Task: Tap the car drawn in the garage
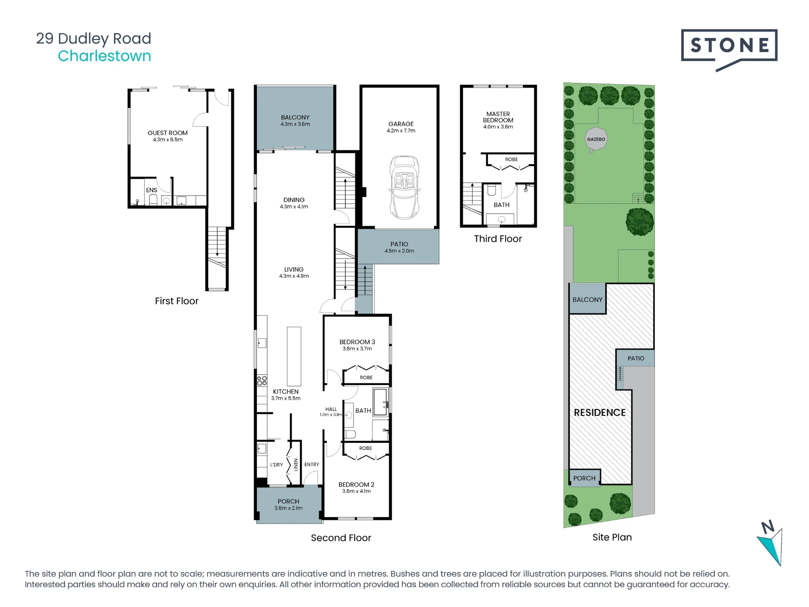[404, 187]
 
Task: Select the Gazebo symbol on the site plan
[596, 140]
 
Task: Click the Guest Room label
[167, 133]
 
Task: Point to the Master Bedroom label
[498, 117]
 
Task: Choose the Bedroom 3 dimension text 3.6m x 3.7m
[357, 349]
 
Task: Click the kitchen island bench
[294, 356]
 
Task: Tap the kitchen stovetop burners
[262, 381]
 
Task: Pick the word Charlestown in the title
[104, 56]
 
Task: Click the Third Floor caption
[498, 239]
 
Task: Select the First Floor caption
[177, 301]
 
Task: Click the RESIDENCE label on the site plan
[599, 412]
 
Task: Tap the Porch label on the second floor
[288, 501]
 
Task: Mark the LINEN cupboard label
[296, 465]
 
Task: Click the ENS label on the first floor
[152, 190]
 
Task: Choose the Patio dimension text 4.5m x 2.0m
[399, 251]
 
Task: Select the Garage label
[401, 124]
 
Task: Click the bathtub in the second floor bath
[380, 402]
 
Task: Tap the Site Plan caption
[612, 537]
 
